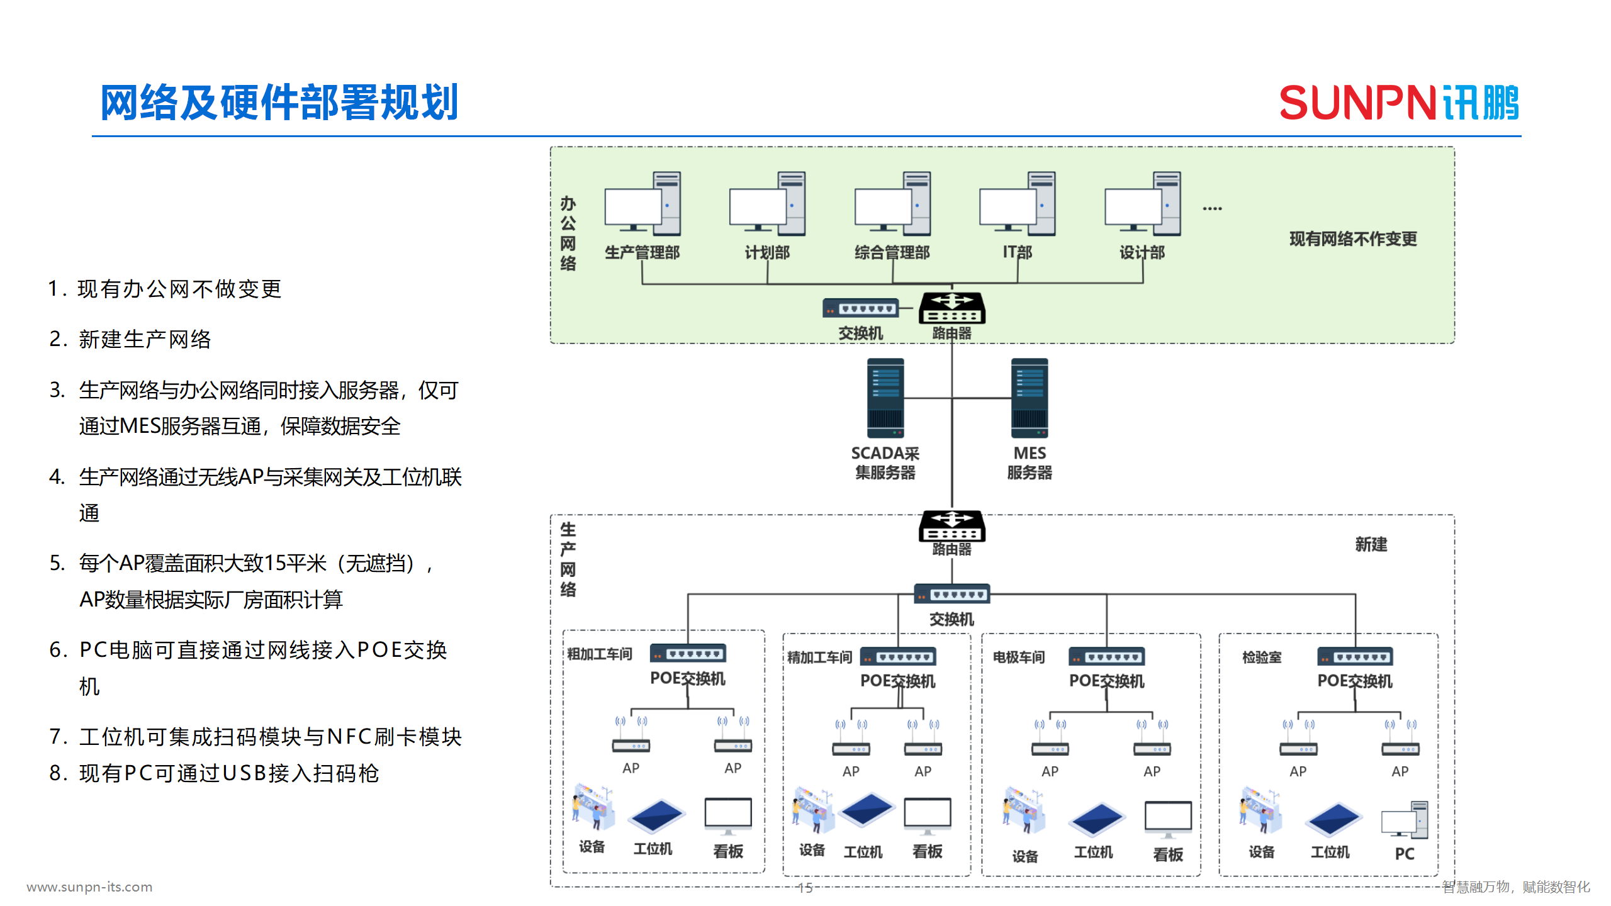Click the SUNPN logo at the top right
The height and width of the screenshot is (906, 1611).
(1398, 103)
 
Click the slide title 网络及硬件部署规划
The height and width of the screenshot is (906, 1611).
(279, 103)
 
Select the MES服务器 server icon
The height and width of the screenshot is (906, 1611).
(1029, 398)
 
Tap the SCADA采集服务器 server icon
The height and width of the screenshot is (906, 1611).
(885, 398)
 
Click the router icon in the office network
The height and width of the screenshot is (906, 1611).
(951, 308)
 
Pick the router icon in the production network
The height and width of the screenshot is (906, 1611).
(951, 526)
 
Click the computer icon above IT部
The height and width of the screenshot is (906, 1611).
(1017, 204)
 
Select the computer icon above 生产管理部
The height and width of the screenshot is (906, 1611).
(642, 204)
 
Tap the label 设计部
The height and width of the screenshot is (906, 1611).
(1142, 253)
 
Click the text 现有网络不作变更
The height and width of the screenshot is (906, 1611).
(1353, 239)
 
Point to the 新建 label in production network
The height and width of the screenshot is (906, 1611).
(1371, 544)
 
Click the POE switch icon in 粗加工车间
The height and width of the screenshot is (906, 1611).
(688, 654)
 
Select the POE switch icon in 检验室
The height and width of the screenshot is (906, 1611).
(1355, 657)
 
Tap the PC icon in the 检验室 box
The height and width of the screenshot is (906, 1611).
(1405, 820)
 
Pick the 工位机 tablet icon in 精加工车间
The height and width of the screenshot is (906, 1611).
(867, 810)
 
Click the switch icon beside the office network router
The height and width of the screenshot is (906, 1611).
(860, 309)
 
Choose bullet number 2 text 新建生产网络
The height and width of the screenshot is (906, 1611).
(144, 340)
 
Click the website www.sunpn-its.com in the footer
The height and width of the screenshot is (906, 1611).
(89, 887)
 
